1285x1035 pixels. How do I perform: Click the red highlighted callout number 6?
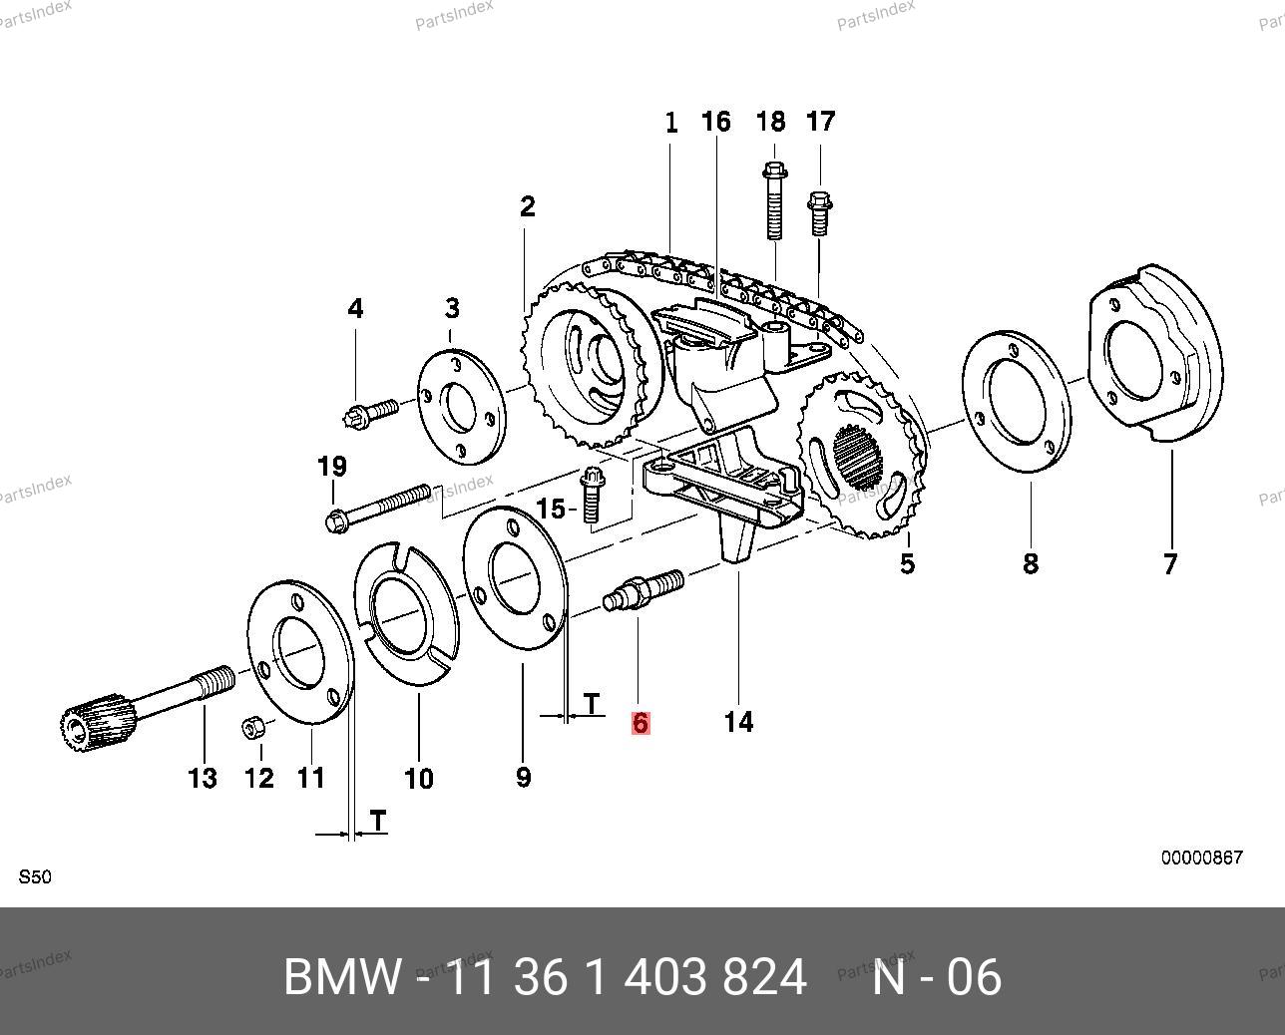[640, 722]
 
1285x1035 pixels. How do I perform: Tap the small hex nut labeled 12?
[253, 728]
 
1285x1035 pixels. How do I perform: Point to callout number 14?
[738, 721]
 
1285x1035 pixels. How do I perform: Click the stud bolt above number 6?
[642, 590]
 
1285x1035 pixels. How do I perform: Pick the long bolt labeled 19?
[378, 506]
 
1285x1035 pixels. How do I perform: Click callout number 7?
[1169, 563]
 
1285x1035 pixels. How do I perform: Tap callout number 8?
[1031, 563]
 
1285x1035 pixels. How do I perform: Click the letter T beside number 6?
[593, 704]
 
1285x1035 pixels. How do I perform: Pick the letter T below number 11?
[378, 820]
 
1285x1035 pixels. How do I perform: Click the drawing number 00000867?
[1201, 858]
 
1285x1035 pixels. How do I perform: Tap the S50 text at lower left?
[35, 877]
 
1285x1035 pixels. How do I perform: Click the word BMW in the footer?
[342, 977]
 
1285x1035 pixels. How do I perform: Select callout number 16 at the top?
[715, 122]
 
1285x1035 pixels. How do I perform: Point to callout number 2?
[527, 206]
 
